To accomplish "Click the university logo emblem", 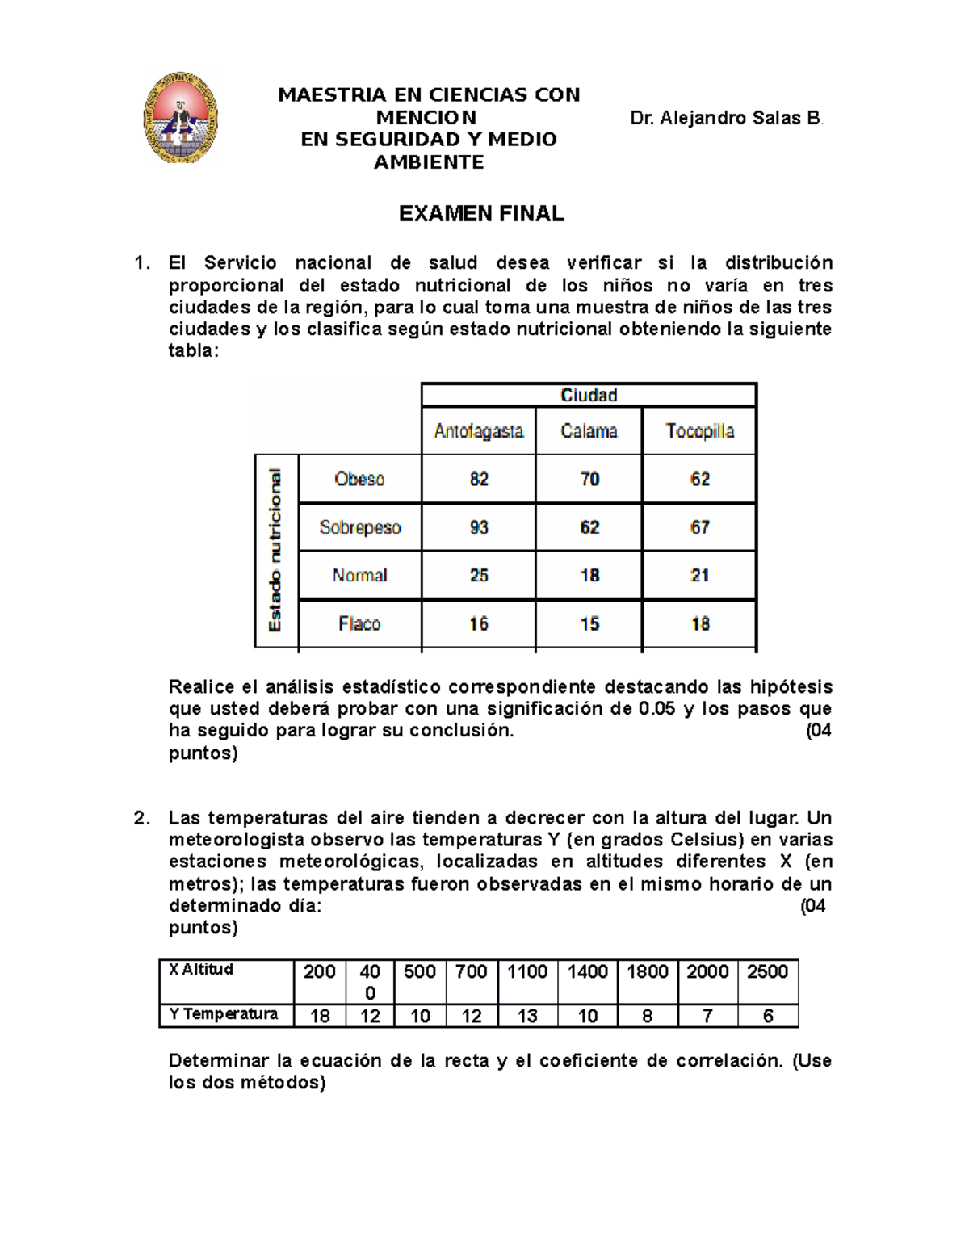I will [180, 118].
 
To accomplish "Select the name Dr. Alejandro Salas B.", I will [726, 119].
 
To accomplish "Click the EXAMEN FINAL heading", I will [481, 214].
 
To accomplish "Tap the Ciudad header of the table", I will [589, 395].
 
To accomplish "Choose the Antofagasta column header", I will [478, 431].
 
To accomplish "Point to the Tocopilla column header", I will [699, 431].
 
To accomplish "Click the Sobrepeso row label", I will [360, 527].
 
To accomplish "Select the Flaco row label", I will [359, 623].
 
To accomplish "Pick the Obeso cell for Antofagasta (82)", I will [479, 479].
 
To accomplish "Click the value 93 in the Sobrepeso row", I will [479, 527].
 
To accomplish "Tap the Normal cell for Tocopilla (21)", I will [699, 575].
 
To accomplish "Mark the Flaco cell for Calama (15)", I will [589, 623].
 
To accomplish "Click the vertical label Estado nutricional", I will [276, 550].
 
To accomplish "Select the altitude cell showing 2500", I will [767, 971].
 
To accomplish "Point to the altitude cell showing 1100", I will [527, 971].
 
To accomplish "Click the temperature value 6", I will [768, 1016].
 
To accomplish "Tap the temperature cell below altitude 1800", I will [648, 1016].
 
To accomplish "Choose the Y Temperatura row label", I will [224, 1014].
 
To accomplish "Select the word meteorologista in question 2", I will [237, 840].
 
